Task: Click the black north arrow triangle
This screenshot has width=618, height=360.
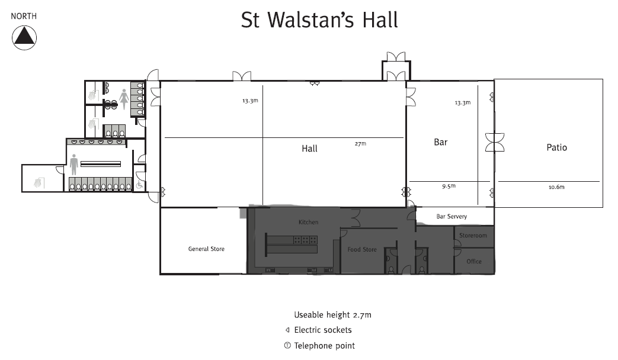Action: (24, 36)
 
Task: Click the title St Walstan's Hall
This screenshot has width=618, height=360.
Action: (319, 20)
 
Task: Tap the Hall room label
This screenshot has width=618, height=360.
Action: (309, 149)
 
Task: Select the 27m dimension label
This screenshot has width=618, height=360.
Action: (360, 144)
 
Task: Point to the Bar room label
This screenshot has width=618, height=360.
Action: (441, 142)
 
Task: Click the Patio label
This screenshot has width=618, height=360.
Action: (556, 147)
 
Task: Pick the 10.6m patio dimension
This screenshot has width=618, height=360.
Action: (556, 187)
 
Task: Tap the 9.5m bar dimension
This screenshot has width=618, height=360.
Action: (449, 186)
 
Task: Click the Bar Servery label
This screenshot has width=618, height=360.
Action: (452, 216)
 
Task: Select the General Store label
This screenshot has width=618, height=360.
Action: (206, 249)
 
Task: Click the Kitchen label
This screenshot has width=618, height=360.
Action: (308, 222)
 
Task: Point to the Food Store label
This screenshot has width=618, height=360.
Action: (362, 249)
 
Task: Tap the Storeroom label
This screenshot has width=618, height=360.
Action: (473, 236)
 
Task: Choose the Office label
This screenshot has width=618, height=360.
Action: (474, 262)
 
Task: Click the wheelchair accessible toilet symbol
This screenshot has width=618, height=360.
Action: (139, 184)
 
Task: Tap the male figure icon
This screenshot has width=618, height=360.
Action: (73, 164)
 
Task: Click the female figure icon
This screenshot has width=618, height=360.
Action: (124, 99)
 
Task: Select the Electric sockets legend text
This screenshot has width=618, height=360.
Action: (323, 330)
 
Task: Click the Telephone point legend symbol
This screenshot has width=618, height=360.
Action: (287, 345)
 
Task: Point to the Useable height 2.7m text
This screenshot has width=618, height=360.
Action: (332, 315)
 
